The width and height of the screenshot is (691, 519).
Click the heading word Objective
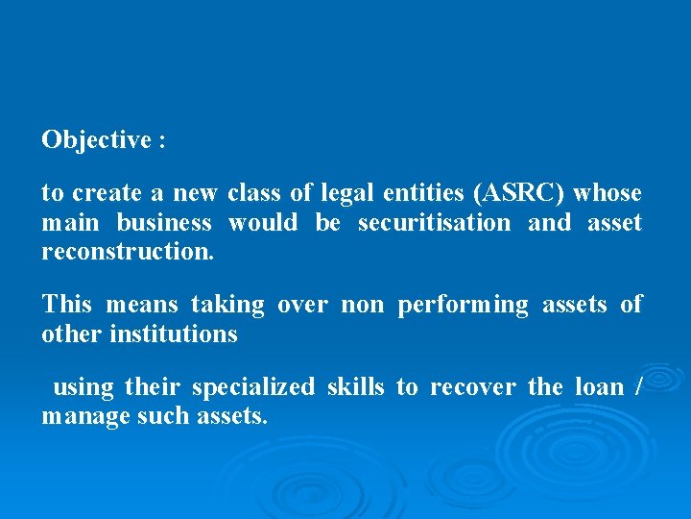pyautogui.click(x=96, y=140)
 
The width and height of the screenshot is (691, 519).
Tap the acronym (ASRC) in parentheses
pyautogui.click(x=517, y=193)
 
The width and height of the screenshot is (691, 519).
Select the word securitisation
pyautogui.click(x=434, y=223)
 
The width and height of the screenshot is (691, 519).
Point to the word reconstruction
pyautogui.click(x=127, y=253)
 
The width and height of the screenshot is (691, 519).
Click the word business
pyautogui.click(x=164, y=223)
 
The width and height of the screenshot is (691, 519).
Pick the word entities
pyautogui.click(x=422, y=193)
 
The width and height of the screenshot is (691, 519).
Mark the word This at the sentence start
pyautogui.click(x=67, y=305)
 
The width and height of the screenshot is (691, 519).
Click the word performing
pyautogui.click(x=463, y=306)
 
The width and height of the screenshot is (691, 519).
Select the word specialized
pyautogui.click(x=252, y=387)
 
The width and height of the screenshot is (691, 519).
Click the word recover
pyautogui.click(x=472, y=387)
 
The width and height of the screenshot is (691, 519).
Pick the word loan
pyautogui.click(x=599, y=387)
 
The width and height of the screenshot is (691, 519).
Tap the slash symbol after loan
pyautogui.click(x=639, y=387)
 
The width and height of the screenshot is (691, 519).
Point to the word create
pyautogui.click(x=106, y=193)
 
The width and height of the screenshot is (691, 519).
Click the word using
pyautogui.click(x=83, y=387)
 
